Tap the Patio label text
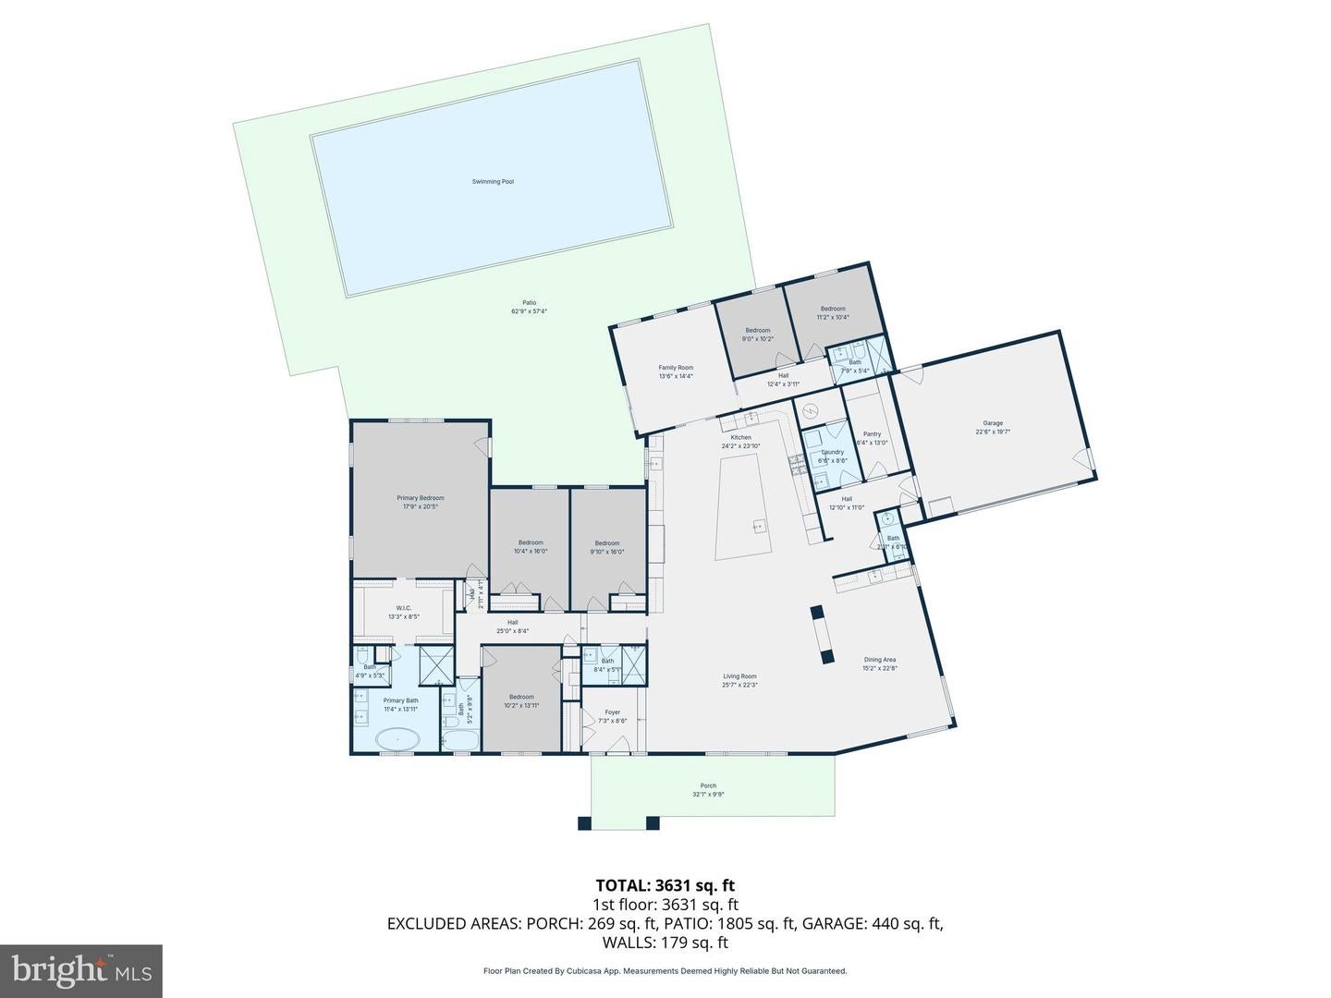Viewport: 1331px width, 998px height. [529, 302]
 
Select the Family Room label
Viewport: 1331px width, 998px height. [676, 368]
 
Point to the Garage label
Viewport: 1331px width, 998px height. [993, 423]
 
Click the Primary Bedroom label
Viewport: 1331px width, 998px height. [420, 498]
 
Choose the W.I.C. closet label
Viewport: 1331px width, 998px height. [403, 608]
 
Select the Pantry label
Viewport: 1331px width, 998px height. [872, 434]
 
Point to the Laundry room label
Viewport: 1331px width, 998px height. [832, 453]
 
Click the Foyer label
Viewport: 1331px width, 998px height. [613, 712]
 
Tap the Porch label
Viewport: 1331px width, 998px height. [708, 786]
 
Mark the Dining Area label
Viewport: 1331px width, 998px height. [880, 660]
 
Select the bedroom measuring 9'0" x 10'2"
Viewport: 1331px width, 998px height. [758, 331]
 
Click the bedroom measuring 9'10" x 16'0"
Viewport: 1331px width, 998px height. [606, 543]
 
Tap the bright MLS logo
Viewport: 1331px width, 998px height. [81, 970]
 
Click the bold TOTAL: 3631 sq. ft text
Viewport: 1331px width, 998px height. [665, 885]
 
